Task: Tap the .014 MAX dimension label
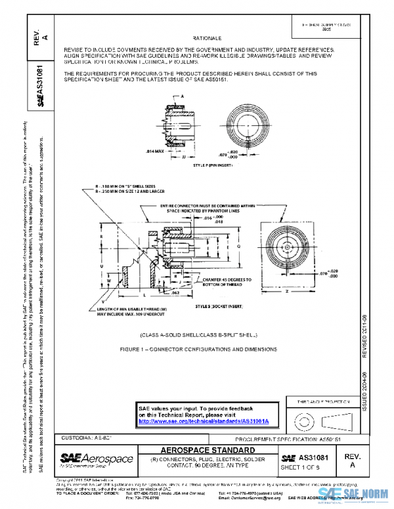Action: click(152, 151)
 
